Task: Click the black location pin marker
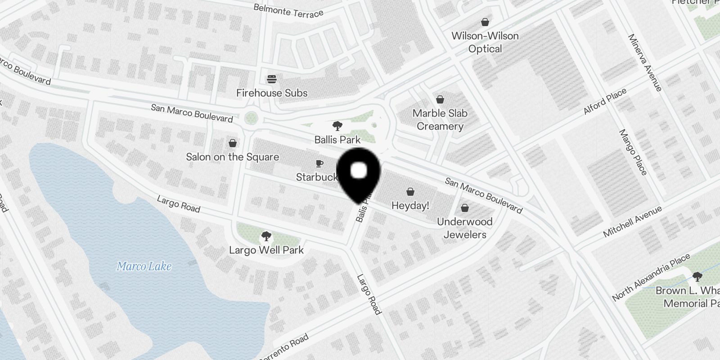point(359,173)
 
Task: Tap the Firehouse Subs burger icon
point(271,80)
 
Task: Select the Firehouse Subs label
point(272,93)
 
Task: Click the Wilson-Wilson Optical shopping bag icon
point(485,22)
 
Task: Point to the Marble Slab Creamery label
point(440,120)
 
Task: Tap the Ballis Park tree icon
point(337,126)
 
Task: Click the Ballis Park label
point(337,140)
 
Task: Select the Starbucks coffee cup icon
point(319,163)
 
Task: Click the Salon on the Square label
point(233,157)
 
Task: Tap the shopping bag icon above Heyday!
point(410,192)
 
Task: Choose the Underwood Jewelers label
point(465,228)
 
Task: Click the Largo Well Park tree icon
point(266,236)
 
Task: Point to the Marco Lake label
point(144,266)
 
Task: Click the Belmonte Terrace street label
point(288,10)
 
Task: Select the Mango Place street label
point(633,152)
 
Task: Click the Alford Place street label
point(605,101)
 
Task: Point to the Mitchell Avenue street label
point(632,221)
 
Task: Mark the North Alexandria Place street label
point(651,278)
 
